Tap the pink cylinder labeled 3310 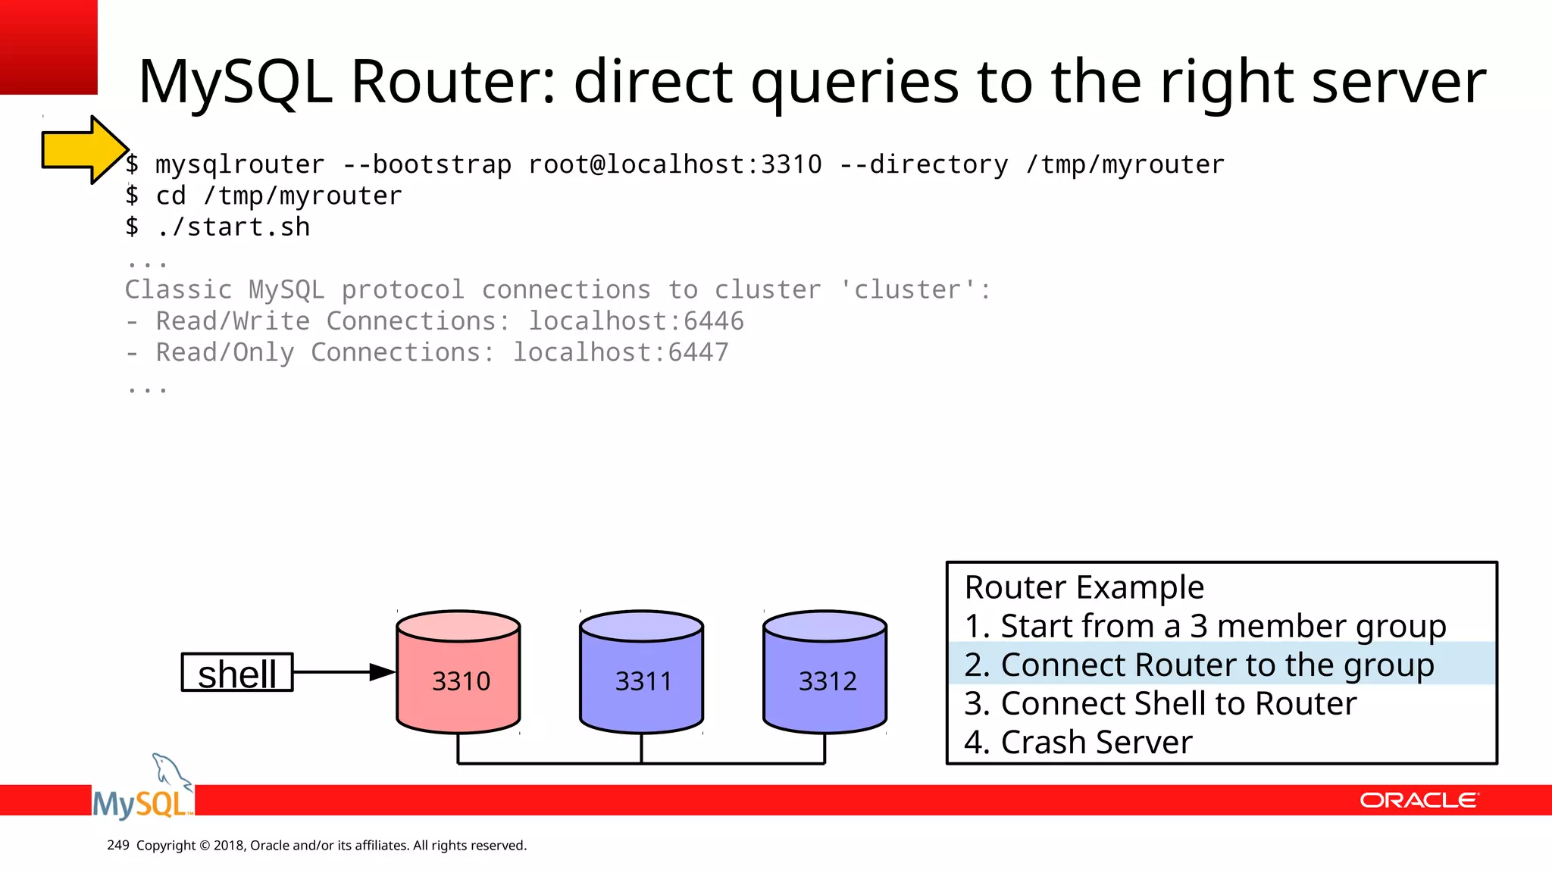458,673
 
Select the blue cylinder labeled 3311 642,673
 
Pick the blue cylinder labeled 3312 825,673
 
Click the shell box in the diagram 237,673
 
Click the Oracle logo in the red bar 1419,800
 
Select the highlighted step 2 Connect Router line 1199,665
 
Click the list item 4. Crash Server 1078,742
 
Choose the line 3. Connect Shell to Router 1159,703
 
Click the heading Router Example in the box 1084,587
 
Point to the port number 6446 713,321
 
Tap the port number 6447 698,352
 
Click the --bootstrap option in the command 427,164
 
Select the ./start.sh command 233,227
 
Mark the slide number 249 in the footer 118,845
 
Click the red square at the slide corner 48,47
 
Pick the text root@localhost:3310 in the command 674,164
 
